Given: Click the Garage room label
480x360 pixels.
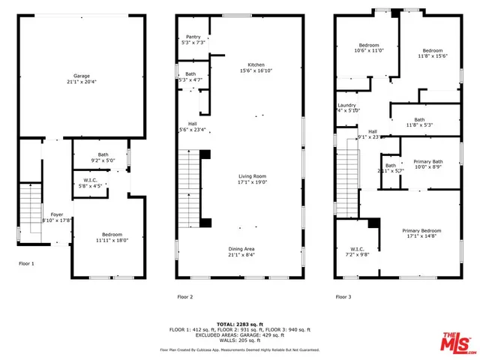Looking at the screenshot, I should point(82,78).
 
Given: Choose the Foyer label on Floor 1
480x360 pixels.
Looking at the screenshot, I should point(57,217).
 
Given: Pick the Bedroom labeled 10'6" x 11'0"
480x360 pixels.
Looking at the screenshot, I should point(368,48).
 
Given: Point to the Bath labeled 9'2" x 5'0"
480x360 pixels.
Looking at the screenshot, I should point(103,157).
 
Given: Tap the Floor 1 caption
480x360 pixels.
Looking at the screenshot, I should point(26,263).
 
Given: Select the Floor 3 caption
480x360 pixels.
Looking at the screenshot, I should point(343,297).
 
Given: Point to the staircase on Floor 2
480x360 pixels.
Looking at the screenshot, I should point(188,187).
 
